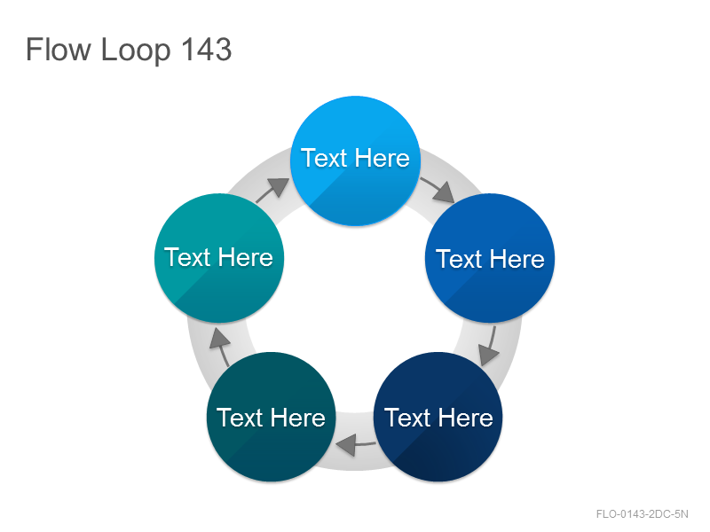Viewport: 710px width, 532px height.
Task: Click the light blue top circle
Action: (356, 160)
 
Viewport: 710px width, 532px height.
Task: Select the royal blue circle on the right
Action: (490, 258)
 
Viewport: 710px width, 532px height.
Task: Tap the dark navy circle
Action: (438, 417)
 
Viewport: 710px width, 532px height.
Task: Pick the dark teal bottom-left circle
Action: (272, 417)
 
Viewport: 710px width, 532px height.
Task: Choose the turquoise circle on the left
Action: (219, 258)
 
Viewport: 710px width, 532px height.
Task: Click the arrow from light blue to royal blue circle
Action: (438, 190)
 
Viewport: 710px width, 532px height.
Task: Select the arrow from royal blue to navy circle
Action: (490, 346)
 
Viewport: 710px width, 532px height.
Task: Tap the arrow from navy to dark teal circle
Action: (356, 444)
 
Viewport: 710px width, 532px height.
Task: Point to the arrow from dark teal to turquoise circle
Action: (220, 347)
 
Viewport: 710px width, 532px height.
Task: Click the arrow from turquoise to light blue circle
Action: (272, 190)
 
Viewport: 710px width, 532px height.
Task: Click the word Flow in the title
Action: (59, 49)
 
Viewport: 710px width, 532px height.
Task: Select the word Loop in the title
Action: (136, 51)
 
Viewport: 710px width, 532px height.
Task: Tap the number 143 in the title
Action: (207, 49)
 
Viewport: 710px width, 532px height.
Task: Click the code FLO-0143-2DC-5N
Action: (642, 514)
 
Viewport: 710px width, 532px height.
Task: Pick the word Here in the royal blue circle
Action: (517, 259)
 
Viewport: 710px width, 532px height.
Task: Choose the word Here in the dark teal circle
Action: (298, 417)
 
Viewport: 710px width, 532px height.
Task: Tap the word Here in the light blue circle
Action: (383, 158)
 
